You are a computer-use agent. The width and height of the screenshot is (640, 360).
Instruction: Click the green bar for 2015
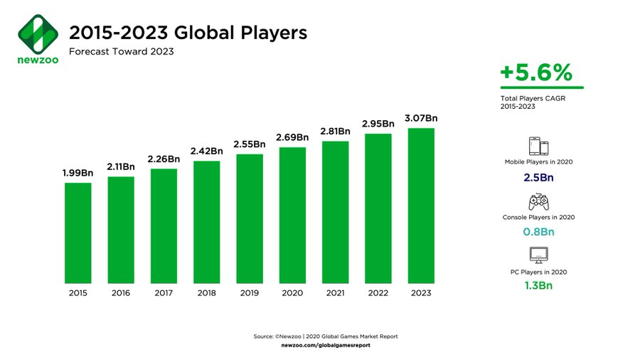(x=78, y=233)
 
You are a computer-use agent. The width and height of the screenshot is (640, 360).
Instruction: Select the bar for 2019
(x=250, y=218)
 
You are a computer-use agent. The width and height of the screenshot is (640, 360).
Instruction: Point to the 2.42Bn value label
(x=207, y=151)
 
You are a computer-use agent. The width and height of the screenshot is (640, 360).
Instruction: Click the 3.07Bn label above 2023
(x=421, y=118)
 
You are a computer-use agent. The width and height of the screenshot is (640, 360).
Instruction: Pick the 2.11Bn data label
(x=121, y=166)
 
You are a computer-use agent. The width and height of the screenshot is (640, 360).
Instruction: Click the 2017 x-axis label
(x=164, y=292)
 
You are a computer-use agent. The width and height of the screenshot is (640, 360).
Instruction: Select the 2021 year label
(x=335, y=292)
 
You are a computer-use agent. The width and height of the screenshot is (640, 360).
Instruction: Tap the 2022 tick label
(x=378, y=292)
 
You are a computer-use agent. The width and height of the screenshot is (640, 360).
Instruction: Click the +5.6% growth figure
(x=535, y=73)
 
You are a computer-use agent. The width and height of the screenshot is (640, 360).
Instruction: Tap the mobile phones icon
(x=538, y=147)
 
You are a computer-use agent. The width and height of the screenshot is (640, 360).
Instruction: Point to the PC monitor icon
(x=538, y=255)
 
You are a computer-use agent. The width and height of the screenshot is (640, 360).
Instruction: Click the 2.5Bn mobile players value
(x=538, y=177)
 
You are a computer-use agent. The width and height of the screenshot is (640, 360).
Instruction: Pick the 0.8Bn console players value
(x=538, y=231)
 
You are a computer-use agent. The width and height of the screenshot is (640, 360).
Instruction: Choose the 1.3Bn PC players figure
(x=538, y=286)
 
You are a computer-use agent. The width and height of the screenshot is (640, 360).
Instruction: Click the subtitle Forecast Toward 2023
(x=121, y=51)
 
